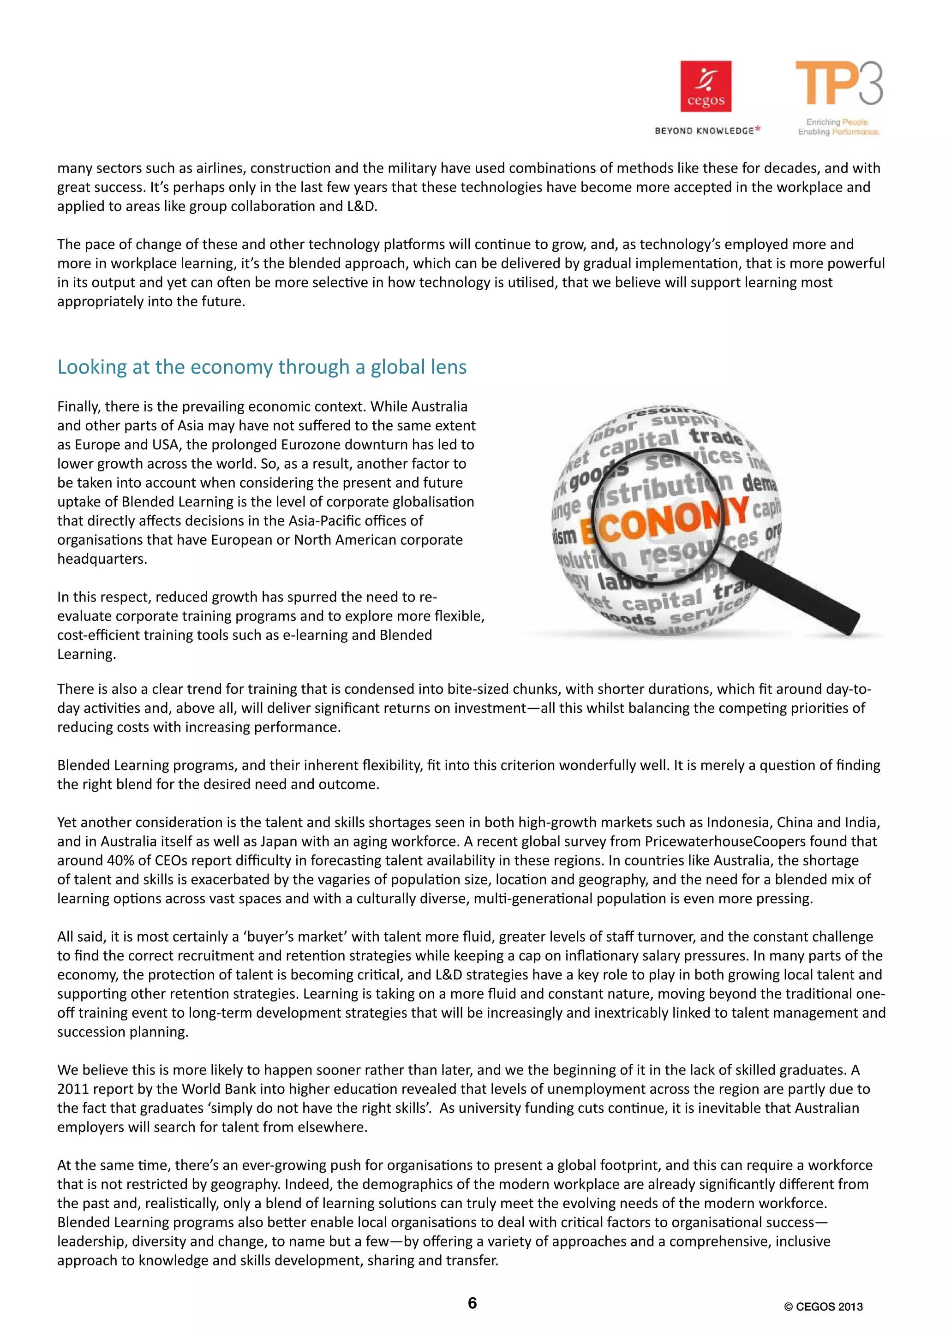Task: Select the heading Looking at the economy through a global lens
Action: point(262,367)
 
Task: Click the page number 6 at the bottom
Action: point(472,1303)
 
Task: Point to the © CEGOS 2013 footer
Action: point(823,1306)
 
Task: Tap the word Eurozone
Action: point(312,445)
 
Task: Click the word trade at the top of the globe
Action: point(715,436)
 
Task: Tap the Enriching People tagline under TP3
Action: point(837,122)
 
